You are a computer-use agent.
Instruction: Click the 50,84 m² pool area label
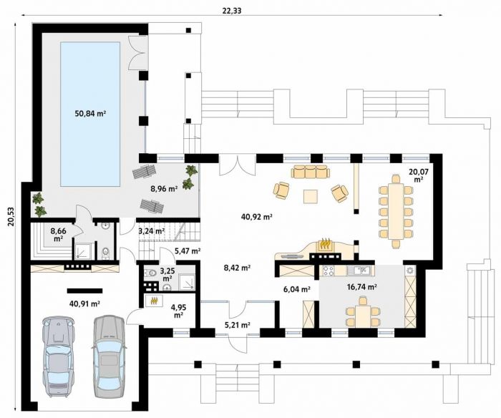[90, 114]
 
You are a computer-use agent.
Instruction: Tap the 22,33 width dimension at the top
[232, 11]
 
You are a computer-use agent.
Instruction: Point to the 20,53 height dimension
[11, 217]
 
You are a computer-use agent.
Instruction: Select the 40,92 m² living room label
[256, 218]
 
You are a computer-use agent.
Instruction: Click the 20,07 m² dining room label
[419, 175]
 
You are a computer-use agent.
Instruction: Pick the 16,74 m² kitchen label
[361, 287]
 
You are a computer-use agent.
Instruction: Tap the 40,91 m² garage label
[85, 303]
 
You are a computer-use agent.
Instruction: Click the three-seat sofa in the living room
[310, 171]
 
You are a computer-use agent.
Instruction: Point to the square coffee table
[311, 196]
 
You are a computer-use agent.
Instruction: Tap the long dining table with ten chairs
[396, 212]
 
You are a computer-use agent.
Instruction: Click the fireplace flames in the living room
[325, 244]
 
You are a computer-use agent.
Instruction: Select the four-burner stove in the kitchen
[328, 271]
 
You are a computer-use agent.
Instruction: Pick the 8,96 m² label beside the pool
[164, 188]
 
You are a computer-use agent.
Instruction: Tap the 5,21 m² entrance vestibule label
[237, 326]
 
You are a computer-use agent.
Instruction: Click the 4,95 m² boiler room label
[179, 311]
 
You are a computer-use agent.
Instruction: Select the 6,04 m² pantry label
[297, 290]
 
